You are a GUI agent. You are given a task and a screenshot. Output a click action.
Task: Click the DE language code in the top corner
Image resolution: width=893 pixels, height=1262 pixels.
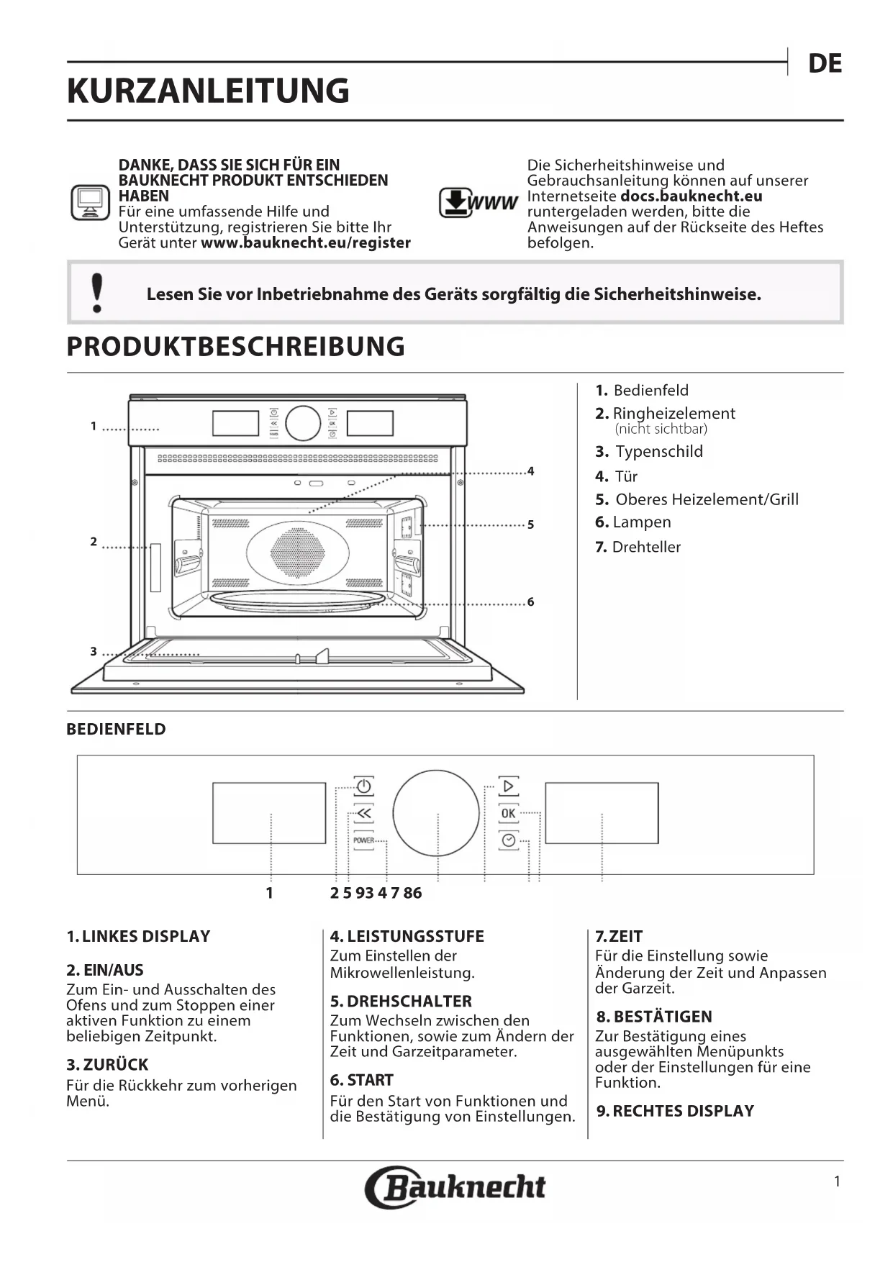(825, 64)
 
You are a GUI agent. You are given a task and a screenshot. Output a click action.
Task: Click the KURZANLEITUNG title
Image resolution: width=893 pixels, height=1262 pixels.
(208, 91)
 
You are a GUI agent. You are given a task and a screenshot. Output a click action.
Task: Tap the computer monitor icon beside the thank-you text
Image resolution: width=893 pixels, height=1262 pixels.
(90, 203)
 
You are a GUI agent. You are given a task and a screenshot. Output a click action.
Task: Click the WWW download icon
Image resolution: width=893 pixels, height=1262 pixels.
(478, 202)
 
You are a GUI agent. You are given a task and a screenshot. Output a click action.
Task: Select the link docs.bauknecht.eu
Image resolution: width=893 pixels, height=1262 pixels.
(691, 196)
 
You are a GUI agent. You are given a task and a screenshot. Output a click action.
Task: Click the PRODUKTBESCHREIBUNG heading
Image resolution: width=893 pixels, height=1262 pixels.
(235, 347)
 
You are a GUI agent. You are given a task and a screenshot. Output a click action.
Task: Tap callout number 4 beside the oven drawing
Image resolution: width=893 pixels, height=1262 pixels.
(530, 471)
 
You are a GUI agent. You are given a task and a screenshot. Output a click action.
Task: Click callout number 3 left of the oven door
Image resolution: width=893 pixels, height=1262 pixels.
(94, 651)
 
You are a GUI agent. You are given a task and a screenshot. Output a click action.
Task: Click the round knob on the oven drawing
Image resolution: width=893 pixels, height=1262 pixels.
(303, 423)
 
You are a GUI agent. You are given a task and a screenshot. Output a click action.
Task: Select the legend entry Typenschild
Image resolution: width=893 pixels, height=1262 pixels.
(658, 452)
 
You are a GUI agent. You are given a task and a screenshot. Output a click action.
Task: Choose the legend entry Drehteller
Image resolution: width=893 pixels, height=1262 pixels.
(645, 547)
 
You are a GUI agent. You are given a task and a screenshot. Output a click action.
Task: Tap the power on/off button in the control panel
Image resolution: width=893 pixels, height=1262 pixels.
(363, 786)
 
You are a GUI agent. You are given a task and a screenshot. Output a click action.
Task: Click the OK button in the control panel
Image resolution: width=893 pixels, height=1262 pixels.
(508, 813)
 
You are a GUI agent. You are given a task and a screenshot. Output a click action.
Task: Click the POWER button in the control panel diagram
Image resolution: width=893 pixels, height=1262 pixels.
(363, 840)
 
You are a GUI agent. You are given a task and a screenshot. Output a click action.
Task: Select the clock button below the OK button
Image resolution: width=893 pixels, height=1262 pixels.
(508, 840)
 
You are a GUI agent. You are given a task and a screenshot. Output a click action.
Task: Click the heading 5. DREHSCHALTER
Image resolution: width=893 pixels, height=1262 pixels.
(401, 1001)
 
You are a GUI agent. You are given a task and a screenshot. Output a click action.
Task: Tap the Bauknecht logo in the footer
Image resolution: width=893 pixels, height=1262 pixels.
(455, 1186)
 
